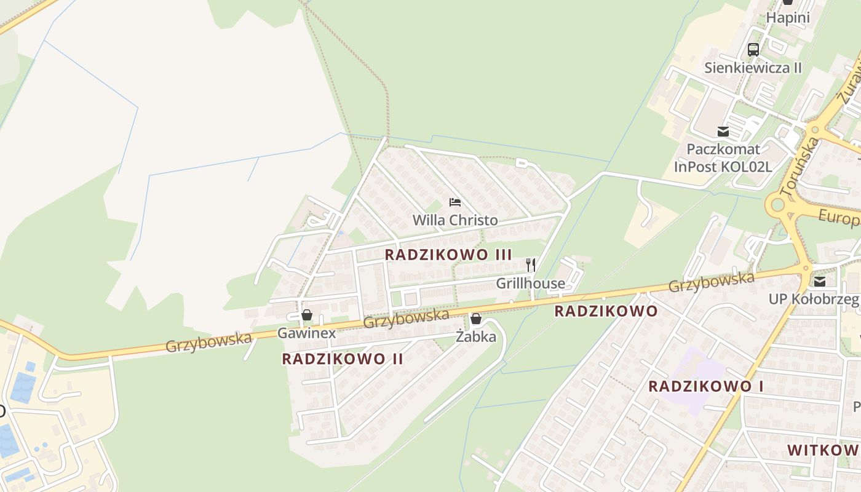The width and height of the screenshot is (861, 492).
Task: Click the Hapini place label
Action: (x=787, y=18)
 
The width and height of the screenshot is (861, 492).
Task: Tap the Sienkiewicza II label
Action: (x=753, y=68)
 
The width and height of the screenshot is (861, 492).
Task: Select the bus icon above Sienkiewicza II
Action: (x=753, y=49)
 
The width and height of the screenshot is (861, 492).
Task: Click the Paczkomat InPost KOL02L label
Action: (x=723, y=157)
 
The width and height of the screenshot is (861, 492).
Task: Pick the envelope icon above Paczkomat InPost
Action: (x=723, y=131)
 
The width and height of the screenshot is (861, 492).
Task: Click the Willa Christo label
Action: (x=455, y=220)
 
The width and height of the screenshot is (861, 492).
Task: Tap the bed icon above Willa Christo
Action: (x=455, y=202)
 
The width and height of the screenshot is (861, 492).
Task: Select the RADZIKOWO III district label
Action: (x=448, y=255)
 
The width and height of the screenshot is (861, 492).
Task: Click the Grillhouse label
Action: (x=530, y=284)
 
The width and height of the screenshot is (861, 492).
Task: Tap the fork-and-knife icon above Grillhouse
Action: (x=531, y=265)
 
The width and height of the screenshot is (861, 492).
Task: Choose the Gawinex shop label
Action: (x=307, y=333)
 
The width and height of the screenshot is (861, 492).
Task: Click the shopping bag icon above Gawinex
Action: (x=307, y=315)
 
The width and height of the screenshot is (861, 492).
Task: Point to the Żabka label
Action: (x=476, y=336)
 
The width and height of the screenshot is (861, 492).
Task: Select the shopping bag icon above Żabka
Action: (x=476, y=318)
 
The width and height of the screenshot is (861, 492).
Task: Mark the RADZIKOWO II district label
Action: (x=343, y=359)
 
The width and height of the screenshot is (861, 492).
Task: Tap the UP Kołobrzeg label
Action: (x=814, y=300)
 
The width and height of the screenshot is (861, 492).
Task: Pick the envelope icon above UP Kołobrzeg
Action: (x=820, y=281)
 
